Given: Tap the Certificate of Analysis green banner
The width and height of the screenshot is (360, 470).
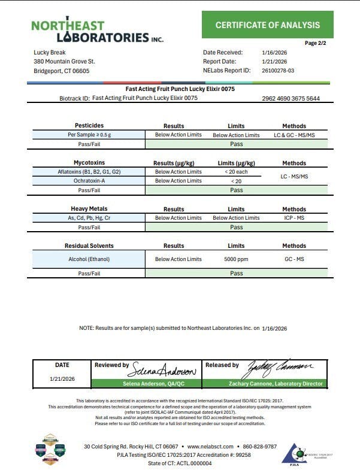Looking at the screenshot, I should pyautogui.click(x=267, y=25).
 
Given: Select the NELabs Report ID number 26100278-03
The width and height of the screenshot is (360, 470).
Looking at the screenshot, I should pyautogui.click(x=278, y=71).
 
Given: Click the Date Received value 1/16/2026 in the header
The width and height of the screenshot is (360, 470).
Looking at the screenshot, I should pyautogui.click(x=274, y=53).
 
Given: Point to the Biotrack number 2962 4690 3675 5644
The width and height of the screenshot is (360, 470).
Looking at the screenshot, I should pyautogui.click(x=291, y=98).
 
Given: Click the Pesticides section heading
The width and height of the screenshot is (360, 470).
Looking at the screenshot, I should pyautogui.click(x=89, y=126).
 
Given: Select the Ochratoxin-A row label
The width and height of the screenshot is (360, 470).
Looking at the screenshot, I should pyautogui.click(x=89, y=181).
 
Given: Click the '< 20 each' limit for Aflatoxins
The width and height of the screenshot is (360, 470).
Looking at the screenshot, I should pyautogui.click(x=236, y=172).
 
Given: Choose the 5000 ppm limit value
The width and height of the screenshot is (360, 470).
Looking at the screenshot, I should pyautogui.click(x=236, y=259).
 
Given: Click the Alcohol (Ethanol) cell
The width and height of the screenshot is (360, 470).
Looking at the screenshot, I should pyautogui.click(x=89, y=259).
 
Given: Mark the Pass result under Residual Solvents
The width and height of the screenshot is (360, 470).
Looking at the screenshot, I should pyautogui.click(x=236, y=273).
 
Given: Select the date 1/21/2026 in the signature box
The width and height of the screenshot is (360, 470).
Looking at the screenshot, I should pyautogui.click(x=62, y=379).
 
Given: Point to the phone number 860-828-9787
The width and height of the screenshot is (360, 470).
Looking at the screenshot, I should pyautogui.click(x=256, y=447).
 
